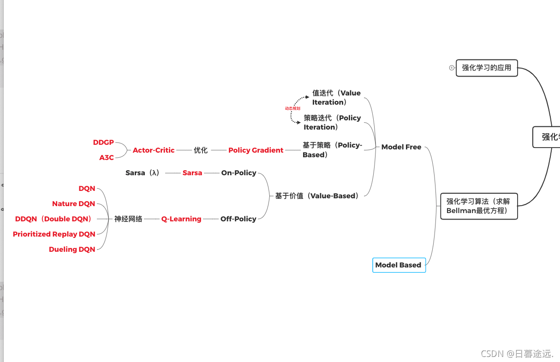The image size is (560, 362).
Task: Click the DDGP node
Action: point(103,142)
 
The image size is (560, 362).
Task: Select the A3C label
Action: point(107,158)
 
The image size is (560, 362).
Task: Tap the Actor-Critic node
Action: point(154,150)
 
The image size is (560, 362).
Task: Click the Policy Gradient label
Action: point(256,150)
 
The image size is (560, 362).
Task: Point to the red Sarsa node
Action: point(192,173)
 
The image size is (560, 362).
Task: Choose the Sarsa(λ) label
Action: point(143,173)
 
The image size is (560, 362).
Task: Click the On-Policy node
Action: point(238,173)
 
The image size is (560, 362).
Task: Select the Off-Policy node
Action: point(238,219)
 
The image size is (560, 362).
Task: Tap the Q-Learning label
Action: point(181,219)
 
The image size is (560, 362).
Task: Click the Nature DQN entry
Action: point(73,204)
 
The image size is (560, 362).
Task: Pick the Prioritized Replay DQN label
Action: point(54,234)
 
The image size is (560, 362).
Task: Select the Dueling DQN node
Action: point(72,249)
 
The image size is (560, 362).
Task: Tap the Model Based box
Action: point(399,265)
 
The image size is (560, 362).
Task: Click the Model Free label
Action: point(401,147)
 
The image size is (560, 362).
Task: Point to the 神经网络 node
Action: point(128,219)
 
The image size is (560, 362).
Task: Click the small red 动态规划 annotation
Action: point(292,108)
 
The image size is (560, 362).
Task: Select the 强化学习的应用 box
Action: point(487,68)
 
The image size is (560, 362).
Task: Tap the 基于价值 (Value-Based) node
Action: point(317,196)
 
